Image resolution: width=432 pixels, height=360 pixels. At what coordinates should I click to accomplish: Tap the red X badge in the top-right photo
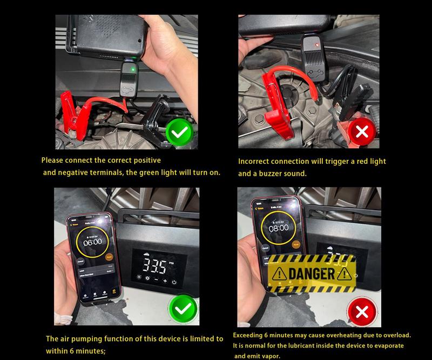tap(362, 131)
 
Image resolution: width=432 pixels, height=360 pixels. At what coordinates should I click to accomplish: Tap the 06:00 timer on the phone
tap(92, 242)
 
